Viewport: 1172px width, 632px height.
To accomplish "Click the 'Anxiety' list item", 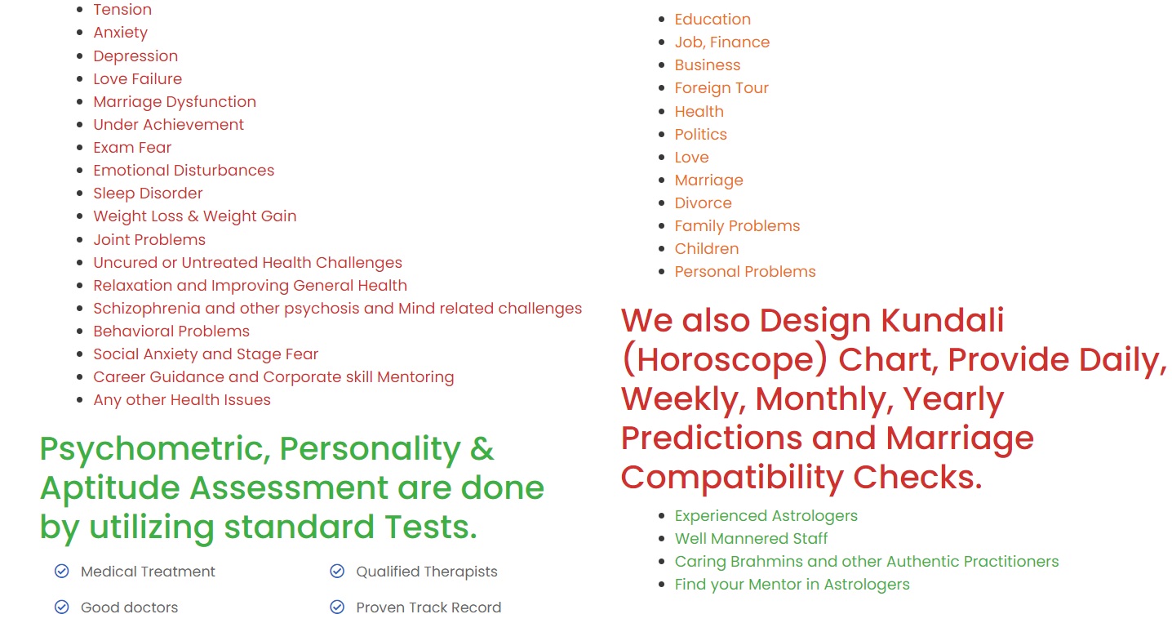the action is point(120,33).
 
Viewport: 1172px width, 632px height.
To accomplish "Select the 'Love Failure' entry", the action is point(138,79).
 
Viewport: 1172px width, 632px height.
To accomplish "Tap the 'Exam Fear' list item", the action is point(132,148).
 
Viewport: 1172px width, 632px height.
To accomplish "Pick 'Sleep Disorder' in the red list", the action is point(148,194).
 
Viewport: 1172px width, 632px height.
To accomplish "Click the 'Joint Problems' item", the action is point(149,240).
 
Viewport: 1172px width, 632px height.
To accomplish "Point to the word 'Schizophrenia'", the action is point(147,309).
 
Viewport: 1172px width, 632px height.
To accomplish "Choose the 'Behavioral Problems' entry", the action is point(171,332).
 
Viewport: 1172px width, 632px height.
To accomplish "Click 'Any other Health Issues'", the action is point(181,400).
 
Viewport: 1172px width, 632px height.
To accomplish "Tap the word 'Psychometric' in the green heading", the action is point(154,449).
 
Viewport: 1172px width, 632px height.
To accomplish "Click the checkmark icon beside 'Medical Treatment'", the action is point(62,571).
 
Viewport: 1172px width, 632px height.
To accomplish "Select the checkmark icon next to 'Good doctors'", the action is point(62,607).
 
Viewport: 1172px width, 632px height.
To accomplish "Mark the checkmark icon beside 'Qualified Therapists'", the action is point(337,571).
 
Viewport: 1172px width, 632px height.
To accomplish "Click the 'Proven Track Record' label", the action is point(428,608).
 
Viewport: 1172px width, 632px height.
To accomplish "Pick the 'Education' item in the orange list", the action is point(712,20).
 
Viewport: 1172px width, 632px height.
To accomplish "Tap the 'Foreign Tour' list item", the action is point(721,88).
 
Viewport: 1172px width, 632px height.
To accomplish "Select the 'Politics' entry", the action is point(700,135).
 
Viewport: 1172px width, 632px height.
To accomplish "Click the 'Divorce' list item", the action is point(703,203).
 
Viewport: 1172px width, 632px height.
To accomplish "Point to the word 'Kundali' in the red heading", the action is point(943,320).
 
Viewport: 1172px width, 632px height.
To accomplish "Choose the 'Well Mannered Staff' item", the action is point(751,539).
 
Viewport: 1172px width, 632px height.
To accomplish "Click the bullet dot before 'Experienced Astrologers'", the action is point(662,516).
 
